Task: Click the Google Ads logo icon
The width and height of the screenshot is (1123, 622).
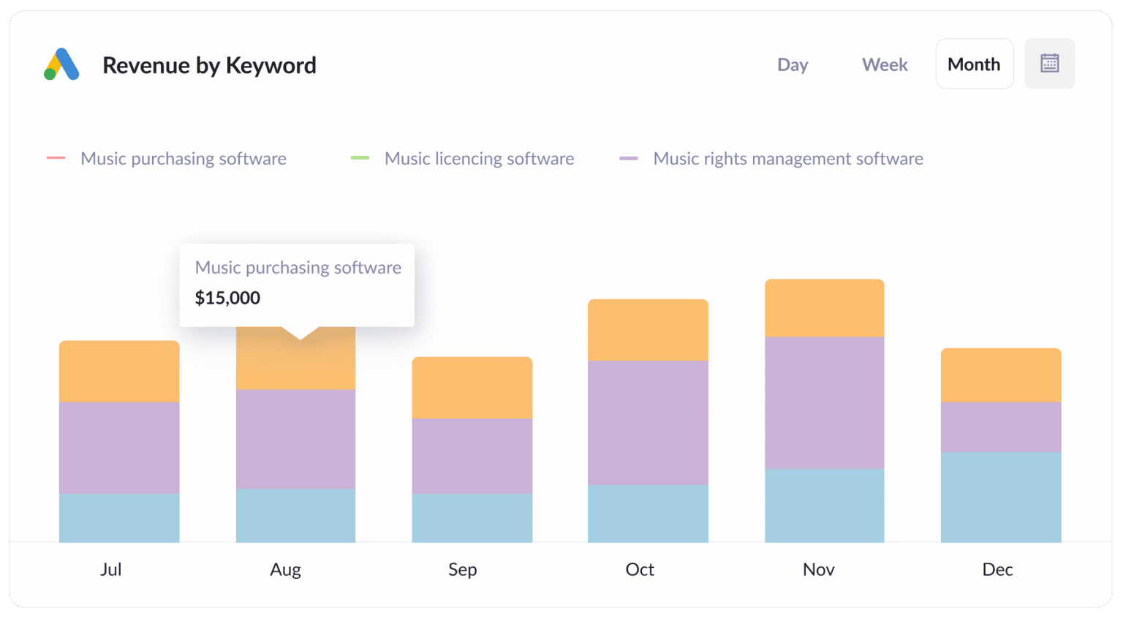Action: pyautogui.click(x=61, y=64)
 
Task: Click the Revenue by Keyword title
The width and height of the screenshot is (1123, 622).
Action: pyautogui.click(x=209, y=65)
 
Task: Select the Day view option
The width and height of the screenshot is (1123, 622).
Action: pyautogui.click(x=793, y=64)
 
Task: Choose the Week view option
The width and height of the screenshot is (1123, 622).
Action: pyautogui.click(x=885, y=64)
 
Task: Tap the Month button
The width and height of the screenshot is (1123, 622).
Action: pyautogui.click(x=974, y=64)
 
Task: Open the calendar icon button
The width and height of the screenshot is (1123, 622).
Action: pyautogui.click(x=1049, y=64)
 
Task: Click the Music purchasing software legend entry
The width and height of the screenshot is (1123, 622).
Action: pyautogui.click(x=183, y=159)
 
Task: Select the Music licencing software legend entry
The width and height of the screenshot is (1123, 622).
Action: pyautogui.click(x=479, y=159)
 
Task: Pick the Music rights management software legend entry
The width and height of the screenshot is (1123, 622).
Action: pyautogui.click(x=787, y=159)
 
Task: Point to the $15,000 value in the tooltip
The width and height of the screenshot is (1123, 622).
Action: pyautogui.click(x=227, y=298)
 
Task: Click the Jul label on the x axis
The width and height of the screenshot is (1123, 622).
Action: pyautogui.click(x=111, y=569)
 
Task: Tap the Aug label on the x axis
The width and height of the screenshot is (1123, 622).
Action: pyautogui.click(x=285, y=569)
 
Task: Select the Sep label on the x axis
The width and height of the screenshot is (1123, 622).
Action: pyautogui.click(x=462, y=569)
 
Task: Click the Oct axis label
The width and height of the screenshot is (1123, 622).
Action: pyautogui.click(x=640, y=569)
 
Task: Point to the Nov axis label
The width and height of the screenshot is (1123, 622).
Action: pyautogui.click(x=818, y=569)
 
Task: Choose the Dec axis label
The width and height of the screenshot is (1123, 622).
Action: pyautogui.click(x=997, y=569)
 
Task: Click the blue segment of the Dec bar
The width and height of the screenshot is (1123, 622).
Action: pyautogui.click(x=1000, y=497)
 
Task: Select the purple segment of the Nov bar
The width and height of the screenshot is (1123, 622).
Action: pyautogui.click(x=824, y=402)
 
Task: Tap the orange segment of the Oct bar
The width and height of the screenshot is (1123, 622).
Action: pyautogui.click(x=648, y=330)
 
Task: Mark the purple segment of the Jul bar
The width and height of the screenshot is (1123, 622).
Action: pyautogui.click(x=119, y=448)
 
